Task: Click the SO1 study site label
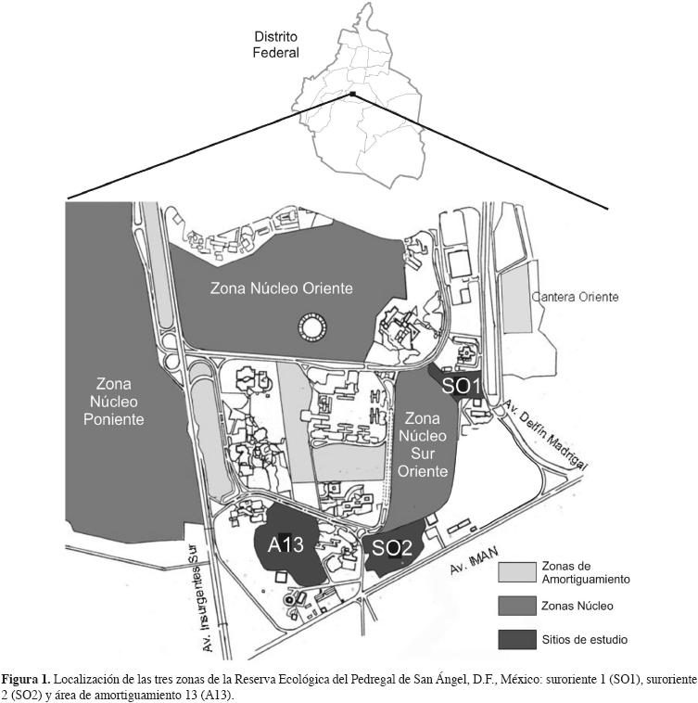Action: (x=460, y=385)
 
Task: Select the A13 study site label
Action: (x=286, y=545)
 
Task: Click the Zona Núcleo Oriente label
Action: (x=282, y=288)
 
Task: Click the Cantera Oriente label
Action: (x=574, y=298)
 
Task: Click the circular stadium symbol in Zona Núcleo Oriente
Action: (x=308, y=327)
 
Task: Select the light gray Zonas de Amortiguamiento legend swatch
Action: (x=519, y=570)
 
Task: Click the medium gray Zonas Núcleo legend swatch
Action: (x=519, y=605)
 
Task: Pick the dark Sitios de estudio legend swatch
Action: (x=519, y=639)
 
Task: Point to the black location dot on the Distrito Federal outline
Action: (x=352, y=94)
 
